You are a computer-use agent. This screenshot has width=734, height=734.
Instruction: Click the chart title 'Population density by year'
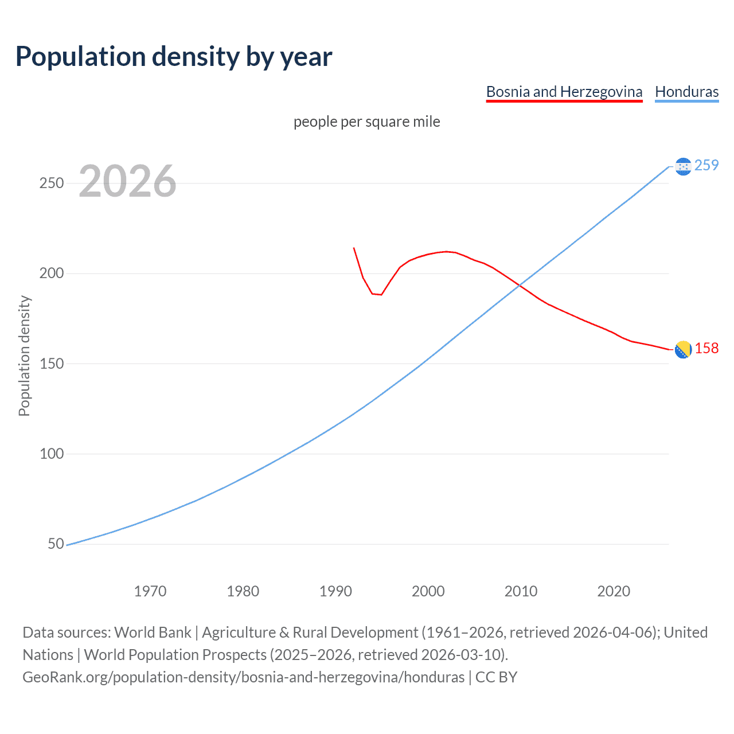click(174, 57)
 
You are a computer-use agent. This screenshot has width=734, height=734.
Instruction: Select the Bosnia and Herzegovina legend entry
click(564, 92)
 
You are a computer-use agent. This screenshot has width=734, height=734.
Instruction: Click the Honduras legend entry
click(686, 92)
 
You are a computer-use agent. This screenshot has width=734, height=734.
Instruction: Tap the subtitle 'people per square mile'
click(366, 122)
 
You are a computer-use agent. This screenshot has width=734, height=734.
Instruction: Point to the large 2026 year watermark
click(127, 181)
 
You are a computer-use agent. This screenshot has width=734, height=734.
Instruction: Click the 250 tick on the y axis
click(51, 183)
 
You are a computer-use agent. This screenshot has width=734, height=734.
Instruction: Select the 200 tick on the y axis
click(51, 274)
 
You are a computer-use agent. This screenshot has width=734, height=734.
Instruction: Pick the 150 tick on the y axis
click(51, 364)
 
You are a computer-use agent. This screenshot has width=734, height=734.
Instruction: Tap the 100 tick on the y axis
click(51, 454)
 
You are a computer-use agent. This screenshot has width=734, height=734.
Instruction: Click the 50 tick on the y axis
click(56, 544)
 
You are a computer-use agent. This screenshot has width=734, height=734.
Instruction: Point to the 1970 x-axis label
click(150, 591)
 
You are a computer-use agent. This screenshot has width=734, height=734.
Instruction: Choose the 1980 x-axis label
click(243, 591)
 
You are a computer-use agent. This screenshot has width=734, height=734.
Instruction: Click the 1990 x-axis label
click(335, 591)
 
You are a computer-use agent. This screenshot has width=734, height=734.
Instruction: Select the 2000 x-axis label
click(428, 591)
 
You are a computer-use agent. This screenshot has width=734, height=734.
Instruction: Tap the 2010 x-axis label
click(521, 591)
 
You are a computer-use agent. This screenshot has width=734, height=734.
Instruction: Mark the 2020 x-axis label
click(614, 591)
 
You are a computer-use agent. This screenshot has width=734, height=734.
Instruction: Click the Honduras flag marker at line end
click(682, 166)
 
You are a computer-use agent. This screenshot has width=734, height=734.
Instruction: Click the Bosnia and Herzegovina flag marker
click(682, 349)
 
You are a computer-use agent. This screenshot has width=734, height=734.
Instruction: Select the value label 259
click(706, 165)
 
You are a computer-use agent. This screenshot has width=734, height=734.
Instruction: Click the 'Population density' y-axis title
click(24, 356)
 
